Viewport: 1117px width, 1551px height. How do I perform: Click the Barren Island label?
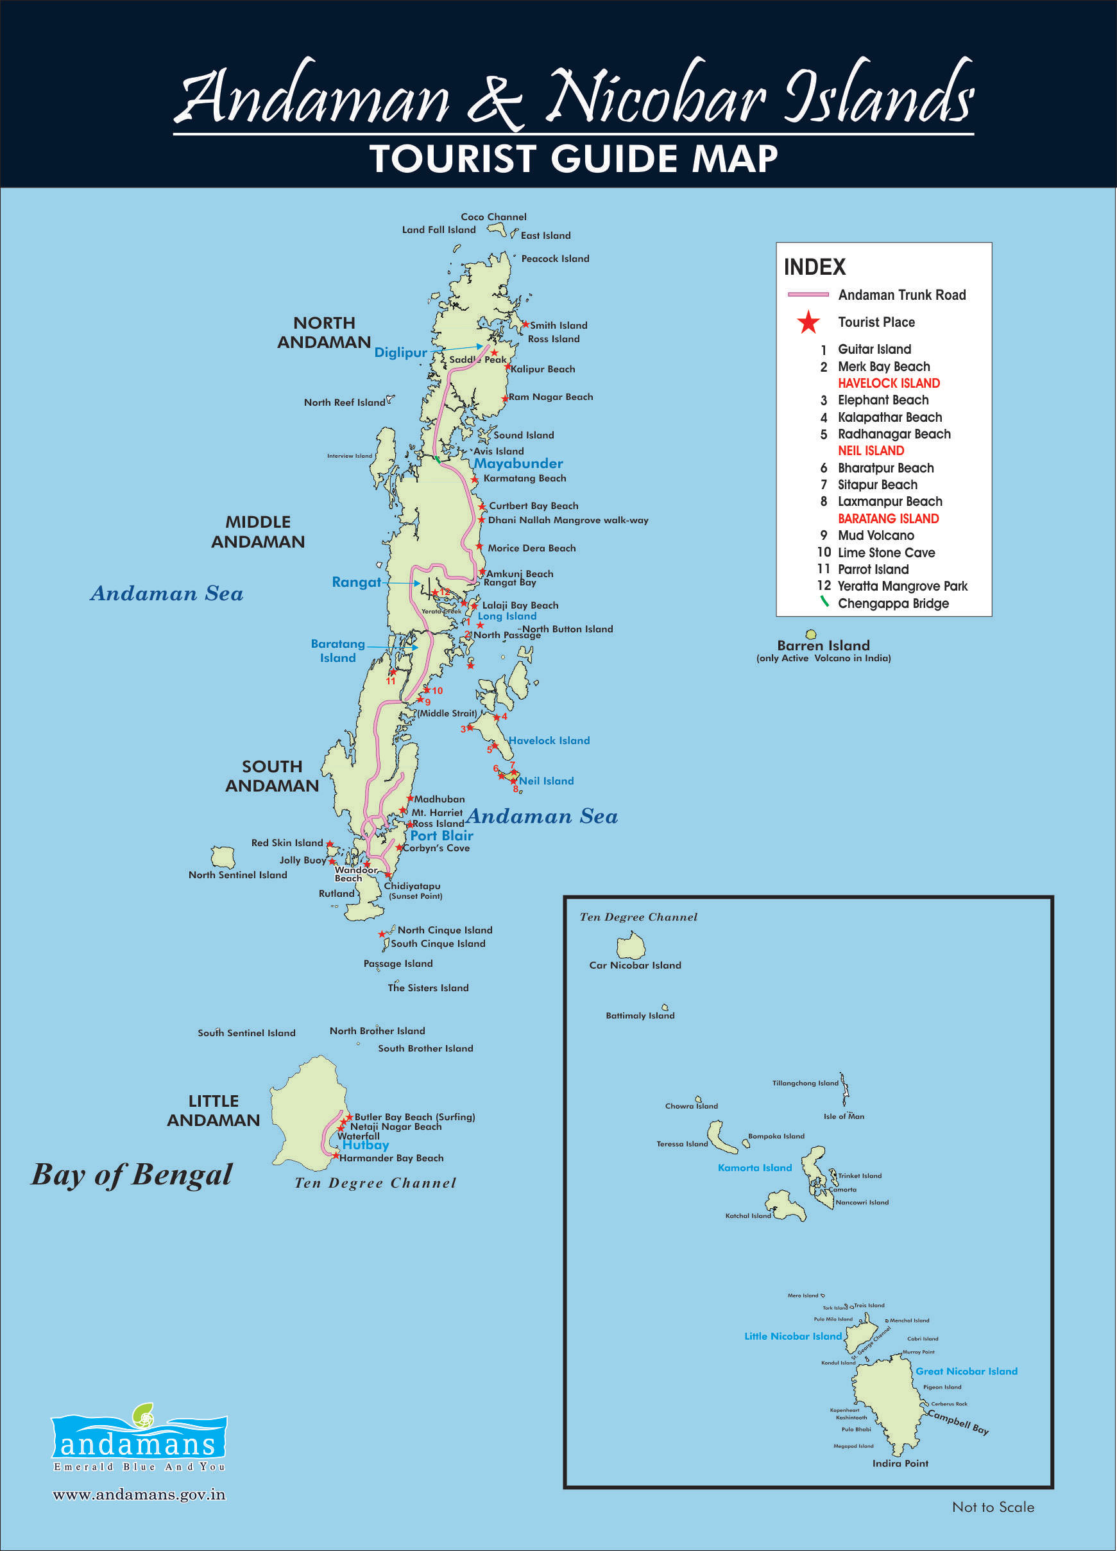tap(823, 646)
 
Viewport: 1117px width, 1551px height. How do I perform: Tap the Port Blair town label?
tap(441, 836)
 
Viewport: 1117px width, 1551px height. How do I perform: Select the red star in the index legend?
tap(808, 322)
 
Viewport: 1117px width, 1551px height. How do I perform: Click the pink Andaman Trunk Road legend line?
tap(808, 295)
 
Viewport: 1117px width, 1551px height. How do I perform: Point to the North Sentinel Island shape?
tap(223, 858)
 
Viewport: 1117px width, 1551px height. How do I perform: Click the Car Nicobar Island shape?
tap(630, 947)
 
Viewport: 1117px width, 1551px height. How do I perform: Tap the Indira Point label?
tap(900, 1464)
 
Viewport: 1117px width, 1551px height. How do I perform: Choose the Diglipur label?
tap(400, 353)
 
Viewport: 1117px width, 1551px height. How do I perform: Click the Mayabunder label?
tap(518, 464)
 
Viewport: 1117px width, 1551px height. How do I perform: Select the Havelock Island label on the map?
tap(549, 741)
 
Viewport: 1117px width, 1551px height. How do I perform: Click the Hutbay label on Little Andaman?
tap(366, 1145)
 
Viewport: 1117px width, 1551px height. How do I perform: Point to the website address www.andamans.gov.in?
tap(139, 1495)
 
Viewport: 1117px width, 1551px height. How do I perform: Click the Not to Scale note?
tap(993, 1507)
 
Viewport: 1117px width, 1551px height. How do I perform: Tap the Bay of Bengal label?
tap(132, 1175)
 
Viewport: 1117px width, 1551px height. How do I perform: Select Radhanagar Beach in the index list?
tap(894, 434)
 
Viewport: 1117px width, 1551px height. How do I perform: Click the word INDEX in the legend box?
tap(814, 266)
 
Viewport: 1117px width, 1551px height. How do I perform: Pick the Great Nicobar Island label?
tap(966, 1371)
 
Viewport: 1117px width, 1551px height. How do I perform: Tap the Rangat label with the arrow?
tap(356, 583)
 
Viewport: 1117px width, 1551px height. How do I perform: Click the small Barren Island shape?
tap(811, 634)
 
